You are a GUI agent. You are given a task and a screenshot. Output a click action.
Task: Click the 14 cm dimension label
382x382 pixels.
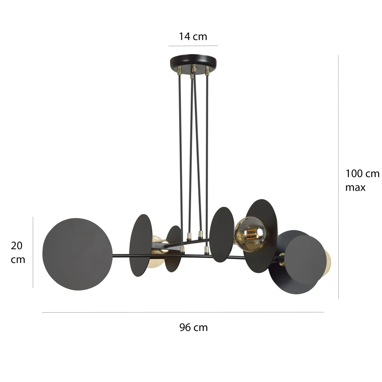(x=193, y=37)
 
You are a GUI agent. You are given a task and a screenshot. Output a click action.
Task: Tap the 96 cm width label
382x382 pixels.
(x=193, y=327)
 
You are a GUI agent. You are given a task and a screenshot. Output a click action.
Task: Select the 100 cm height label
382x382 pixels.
(x=362, y=174)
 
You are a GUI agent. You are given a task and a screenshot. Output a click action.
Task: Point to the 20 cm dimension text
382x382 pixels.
(x=18, y=252)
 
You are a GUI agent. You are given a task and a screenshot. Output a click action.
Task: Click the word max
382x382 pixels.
(x=355, y=187)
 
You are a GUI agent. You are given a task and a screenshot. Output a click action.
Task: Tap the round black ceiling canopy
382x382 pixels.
(x=193, y=60)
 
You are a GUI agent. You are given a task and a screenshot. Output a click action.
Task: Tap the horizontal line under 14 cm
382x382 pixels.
(x=193, y=46)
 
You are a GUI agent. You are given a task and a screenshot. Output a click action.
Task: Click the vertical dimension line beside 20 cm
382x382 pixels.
(x=33, y=252)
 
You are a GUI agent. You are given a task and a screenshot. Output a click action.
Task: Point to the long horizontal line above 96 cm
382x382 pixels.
(x=183, y=312)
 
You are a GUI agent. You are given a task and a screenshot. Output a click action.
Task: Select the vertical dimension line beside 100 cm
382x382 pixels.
(x=338, y=177)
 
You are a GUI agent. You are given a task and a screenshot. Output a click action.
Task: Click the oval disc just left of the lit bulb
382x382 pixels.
(x=222, y=234)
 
